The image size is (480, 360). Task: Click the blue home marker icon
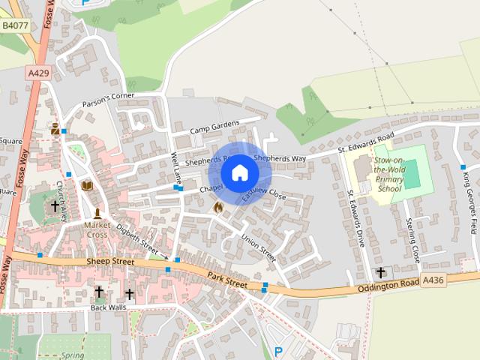point(239,172)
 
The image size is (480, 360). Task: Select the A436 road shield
point(433,280)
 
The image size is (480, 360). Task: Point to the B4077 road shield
point(14,25)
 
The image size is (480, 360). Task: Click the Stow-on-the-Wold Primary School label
point(389,175)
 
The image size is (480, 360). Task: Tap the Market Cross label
point(97,229)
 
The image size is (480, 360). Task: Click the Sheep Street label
point(111,262)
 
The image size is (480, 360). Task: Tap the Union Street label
point(259,249)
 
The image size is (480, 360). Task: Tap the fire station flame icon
point(218,206)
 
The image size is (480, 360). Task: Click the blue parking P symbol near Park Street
point(278,351)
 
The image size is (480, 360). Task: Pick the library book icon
point(87,185)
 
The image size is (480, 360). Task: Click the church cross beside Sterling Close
point(380,272)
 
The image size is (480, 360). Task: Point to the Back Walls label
point(108,307)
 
